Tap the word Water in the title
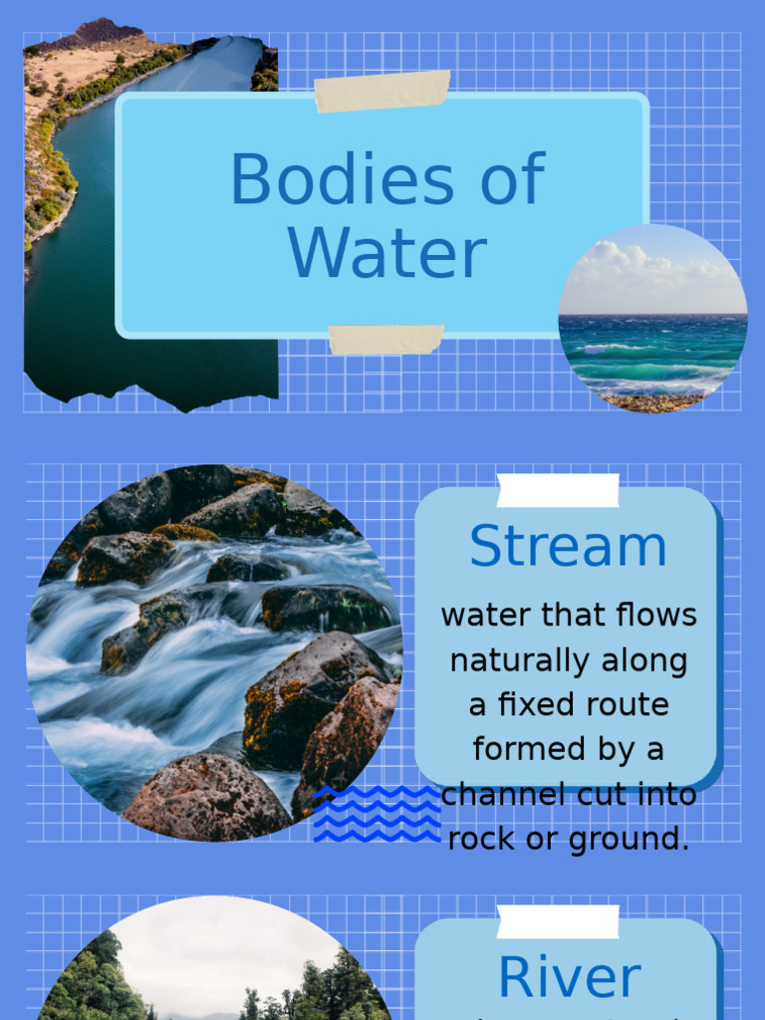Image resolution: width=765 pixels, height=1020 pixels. [387, 253]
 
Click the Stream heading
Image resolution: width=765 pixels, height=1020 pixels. [568, 546]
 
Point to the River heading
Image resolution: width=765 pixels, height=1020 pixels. [568, 977]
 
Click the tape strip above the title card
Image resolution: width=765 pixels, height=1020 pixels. [382, 91]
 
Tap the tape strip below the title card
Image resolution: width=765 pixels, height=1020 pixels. [386, 339]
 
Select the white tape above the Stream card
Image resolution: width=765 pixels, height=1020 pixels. [558, 490]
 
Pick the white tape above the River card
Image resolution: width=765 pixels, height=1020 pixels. [558, 921]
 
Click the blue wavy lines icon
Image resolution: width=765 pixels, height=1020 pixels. [377, 813]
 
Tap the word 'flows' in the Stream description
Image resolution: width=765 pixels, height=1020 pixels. [656, 616]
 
